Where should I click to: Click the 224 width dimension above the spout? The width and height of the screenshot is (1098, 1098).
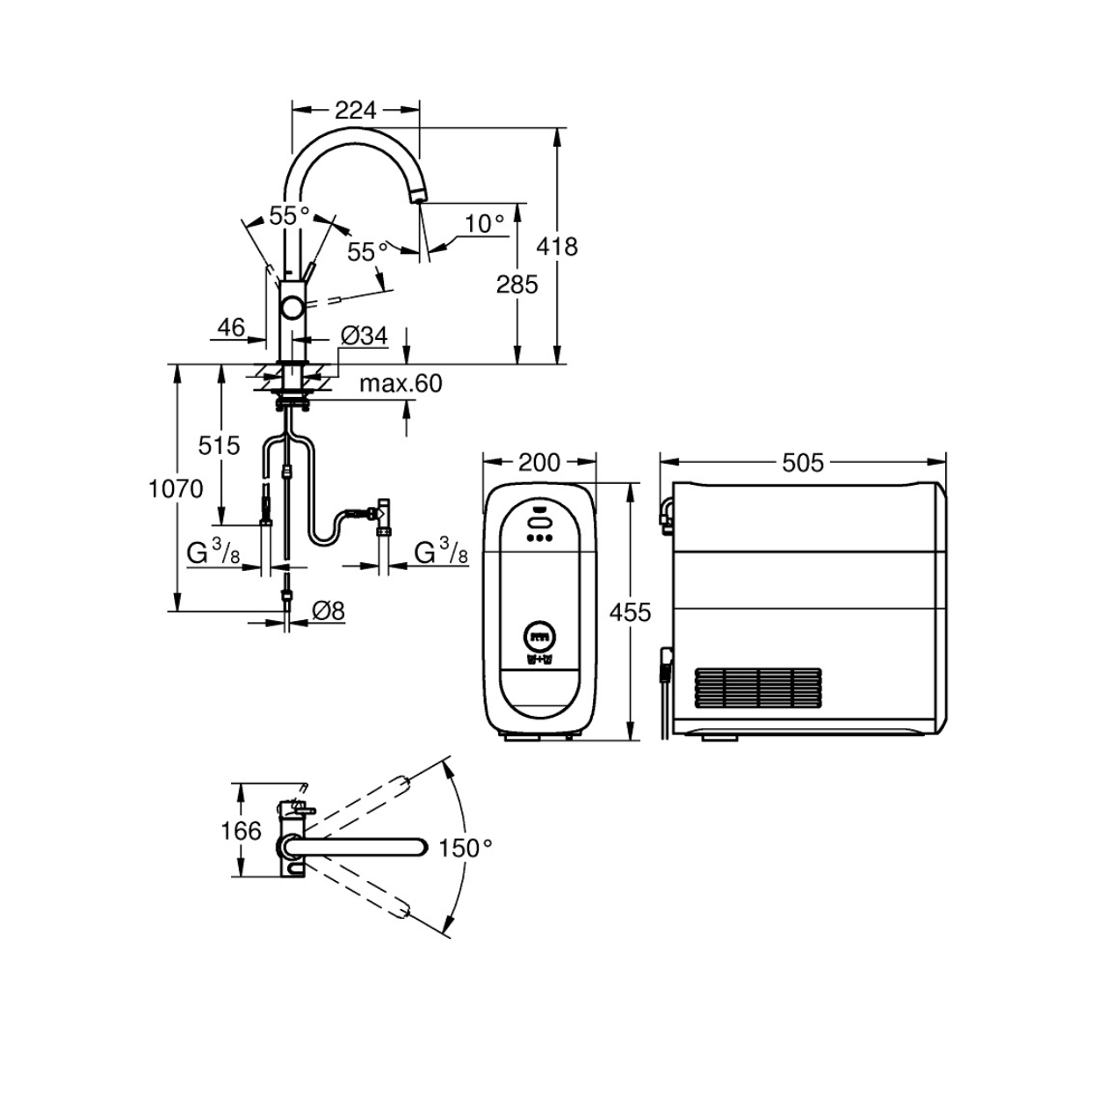(355, 110)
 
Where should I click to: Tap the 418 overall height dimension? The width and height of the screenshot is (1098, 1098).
(557, 247)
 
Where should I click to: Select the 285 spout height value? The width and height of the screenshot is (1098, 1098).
(516, 285)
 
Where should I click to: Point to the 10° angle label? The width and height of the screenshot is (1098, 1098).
(484, 224)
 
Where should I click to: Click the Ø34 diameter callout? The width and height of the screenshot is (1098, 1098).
(365, 336)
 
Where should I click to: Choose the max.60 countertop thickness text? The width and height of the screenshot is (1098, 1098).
(401, 384)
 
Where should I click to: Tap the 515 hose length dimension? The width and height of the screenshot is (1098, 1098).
(219, 445)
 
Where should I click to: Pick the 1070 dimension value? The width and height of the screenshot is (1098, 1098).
(176, 488)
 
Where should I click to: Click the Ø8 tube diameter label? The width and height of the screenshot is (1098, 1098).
(329, 611)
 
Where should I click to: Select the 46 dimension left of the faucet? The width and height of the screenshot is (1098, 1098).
(231, 327)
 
